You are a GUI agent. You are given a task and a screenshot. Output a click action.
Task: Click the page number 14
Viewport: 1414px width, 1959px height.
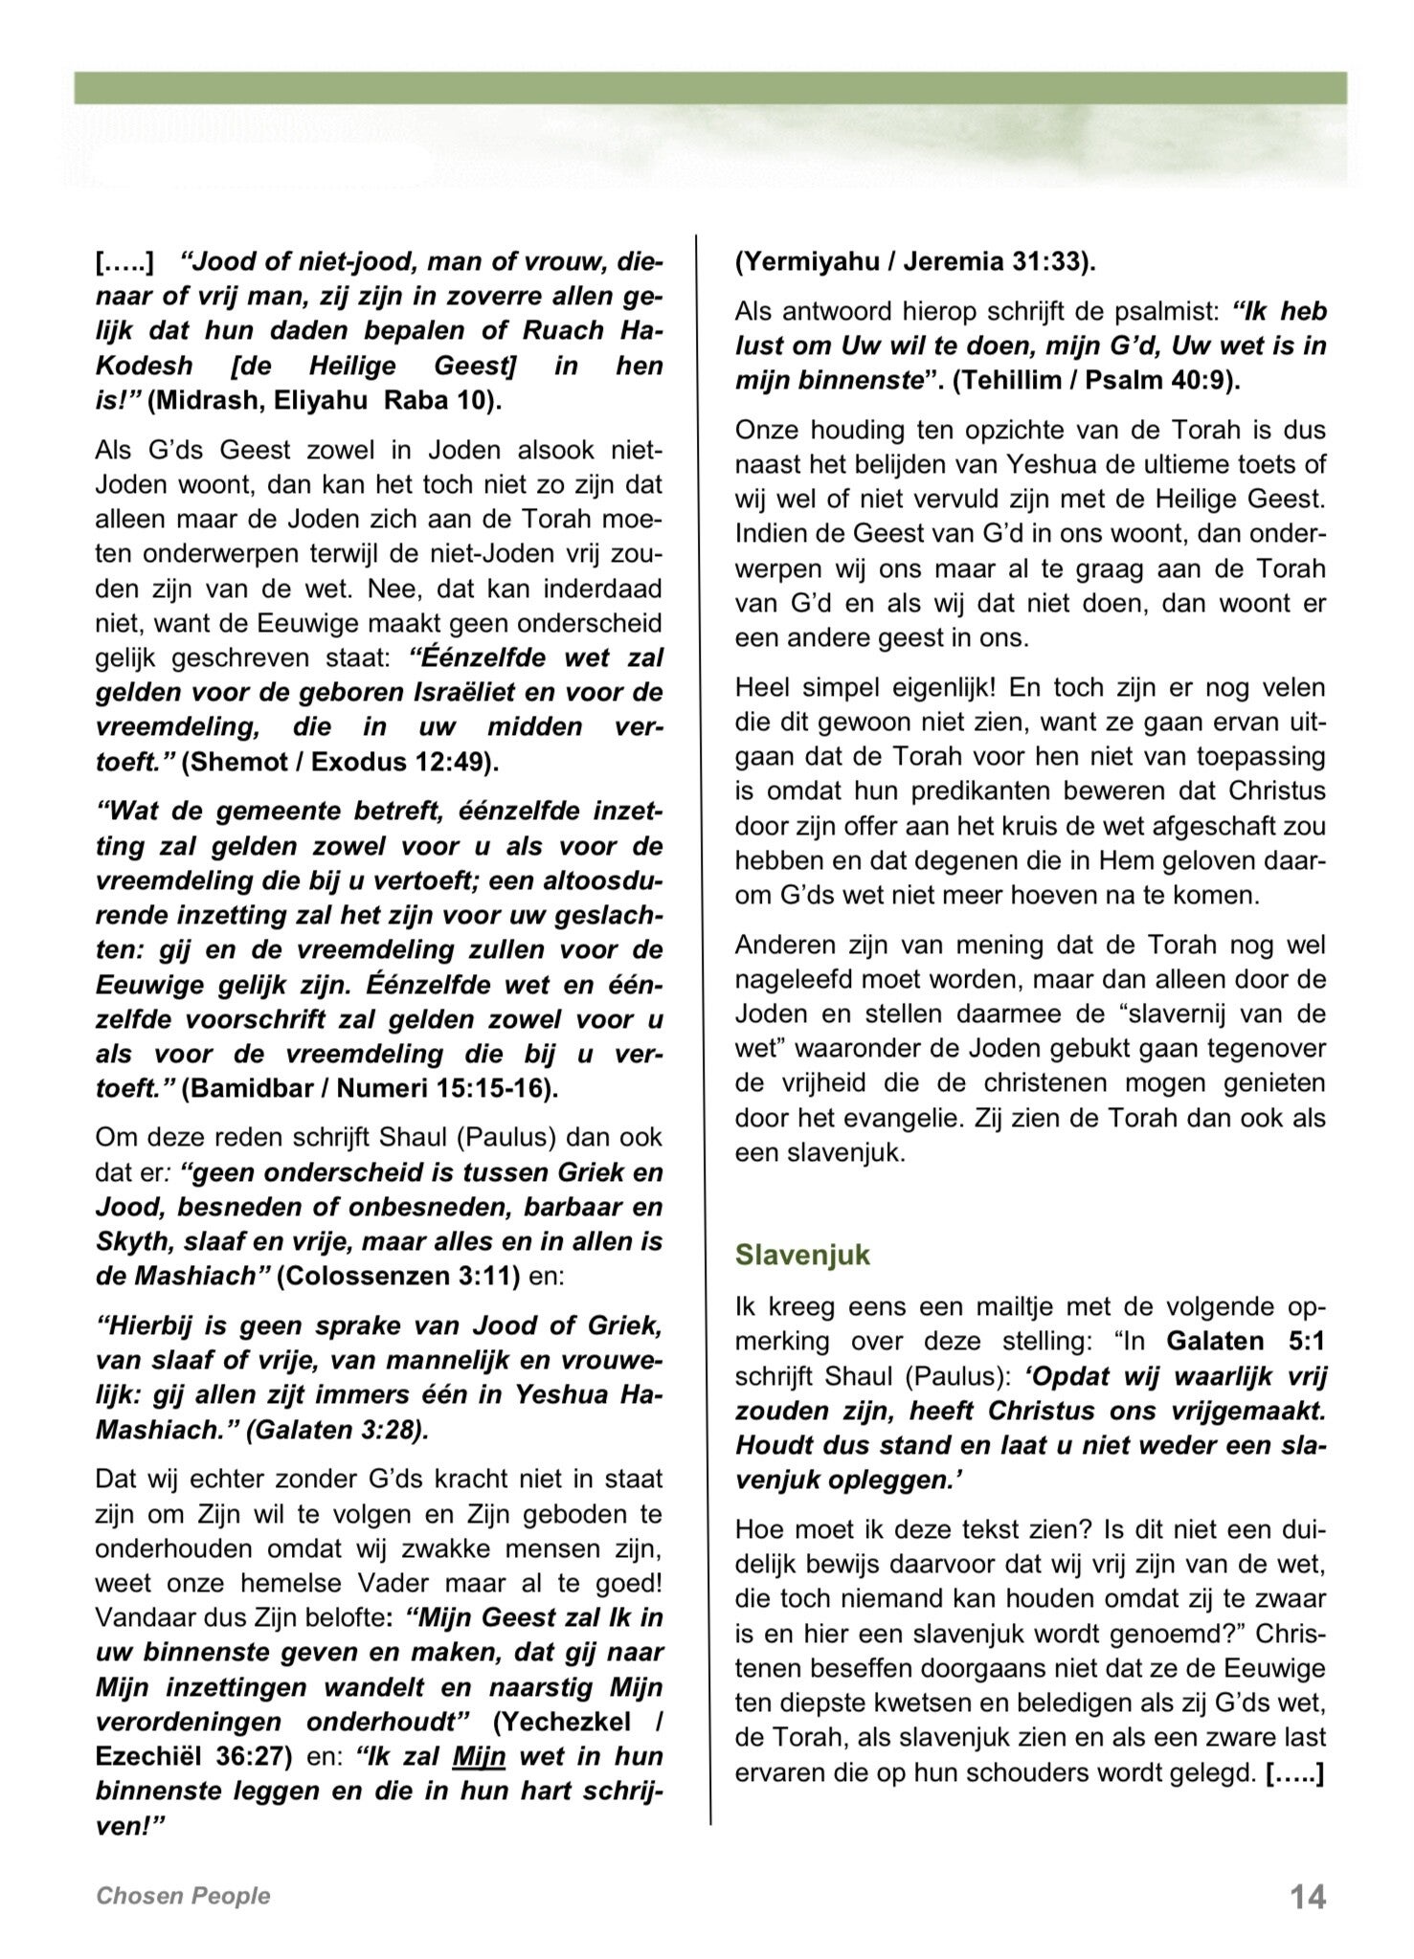tap(1308, 1897)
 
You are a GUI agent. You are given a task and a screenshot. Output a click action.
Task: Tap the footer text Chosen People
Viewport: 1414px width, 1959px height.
tap(183, 1896)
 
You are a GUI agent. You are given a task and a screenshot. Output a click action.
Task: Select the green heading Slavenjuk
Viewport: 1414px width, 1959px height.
tap(802, 1255)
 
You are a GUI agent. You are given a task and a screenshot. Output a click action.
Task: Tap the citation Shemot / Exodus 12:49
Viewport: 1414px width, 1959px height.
tap(341, 762)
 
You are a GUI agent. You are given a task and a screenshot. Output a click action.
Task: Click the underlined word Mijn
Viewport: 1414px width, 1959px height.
tap(478, 1756)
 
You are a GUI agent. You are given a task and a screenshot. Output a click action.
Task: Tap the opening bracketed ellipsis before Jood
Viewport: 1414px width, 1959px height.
tap(124, 262)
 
